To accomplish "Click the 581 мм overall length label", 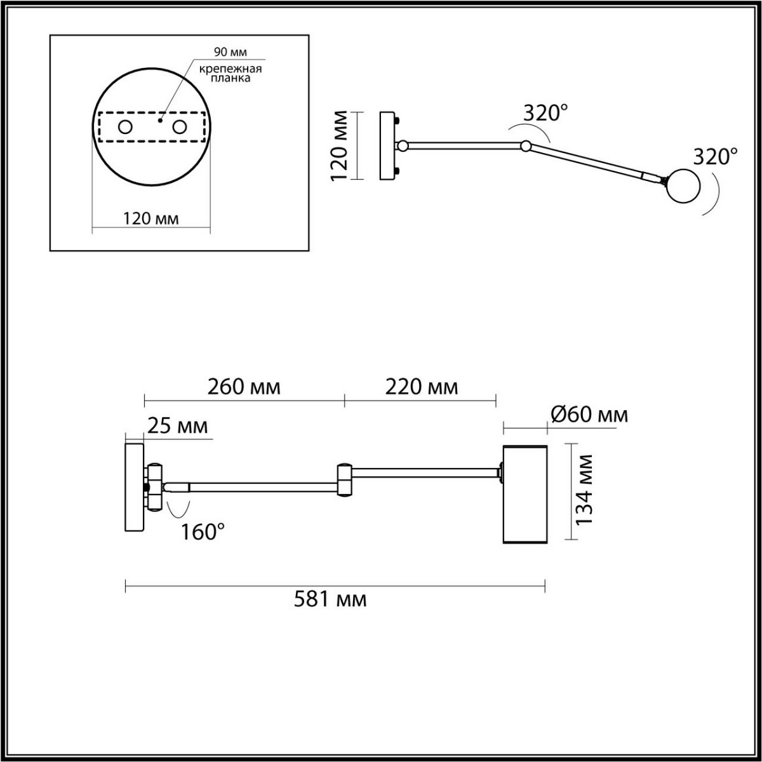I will tap(330, 599).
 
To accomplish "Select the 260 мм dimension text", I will tap(244, 387).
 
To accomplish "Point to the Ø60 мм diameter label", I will tap(589, 415).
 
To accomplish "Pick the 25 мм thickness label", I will tap(177, 426).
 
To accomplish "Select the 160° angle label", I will tap(203, 532).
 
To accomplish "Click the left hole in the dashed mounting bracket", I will tap(125, 127).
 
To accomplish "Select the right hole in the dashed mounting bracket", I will tap(180, 127).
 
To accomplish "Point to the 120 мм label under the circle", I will tap(151, 218).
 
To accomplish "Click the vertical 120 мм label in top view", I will tap(342, 145).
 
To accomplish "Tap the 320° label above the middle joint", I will tap(545, 114).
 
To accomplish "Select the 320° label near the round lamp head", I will tap(715, 156).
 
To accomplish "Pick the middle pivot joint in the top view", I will tap(526, 147).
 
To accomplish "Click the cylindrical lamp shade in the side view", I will tap(525, 493).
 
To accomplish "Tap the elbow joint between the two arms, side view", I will tap(345, 479).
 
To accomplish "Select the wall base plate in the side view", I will tap(134, 487).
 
